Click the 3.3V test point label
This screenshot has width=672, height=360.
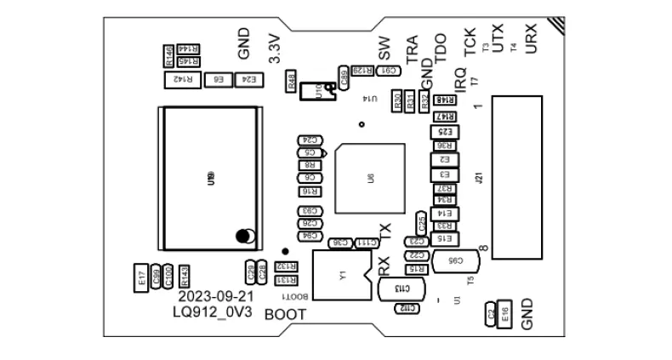tap(274, 49)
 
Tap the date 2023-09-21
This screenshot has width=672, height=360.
tap(216, 296)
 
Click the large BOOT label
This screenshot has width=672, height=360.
tap(285, 314)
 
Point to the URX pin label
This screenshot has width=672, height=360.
tap(532, 41)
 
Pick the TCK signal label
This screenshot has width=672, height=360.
tap(469, 43)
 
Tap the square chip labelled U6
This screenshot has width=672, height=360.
tap(370, 179)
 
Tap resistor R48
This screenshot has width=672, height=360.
tap(292, 82)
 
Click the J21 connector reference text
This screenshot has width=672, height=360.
tap(480, 179)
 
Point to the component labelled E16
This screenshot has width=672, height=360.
tap(504, 313)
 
